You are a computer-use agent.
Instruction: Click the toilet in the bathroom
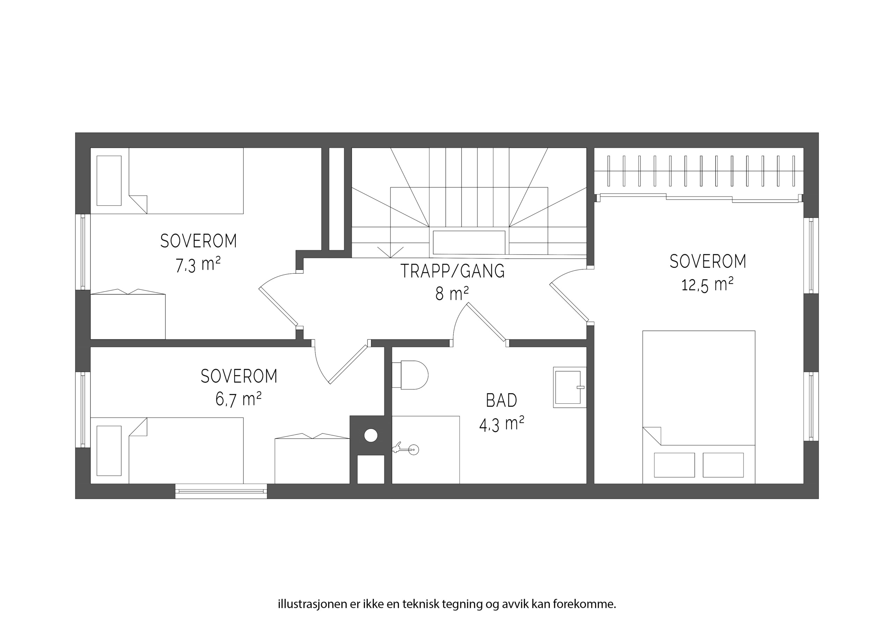[x=410, y=375]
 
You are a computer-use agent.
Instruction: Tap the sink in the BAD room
[x=570, y=387]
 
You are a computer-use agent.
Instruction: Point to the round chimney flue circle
[x=371, y=435]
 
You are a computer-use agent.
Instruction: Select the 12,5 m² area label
[x=707, y=284]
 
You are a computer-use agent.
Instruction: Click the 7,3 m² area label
[x=198, y=264]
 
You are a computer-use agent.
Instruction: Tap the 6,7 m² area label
[x=238, y=399]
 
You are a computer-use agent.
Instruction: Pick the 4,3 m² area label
[x=501, y=424]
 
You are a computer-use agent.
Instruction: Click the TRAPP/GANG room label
[x=453, y=271]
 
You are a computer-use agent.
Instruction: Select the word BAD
[x=501, y=400]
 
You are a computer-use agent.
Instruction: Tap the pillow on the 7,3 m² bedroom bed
[x=109, y=181]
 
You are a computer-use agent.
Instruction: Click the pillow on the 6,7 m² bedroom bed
[x=109, y=451]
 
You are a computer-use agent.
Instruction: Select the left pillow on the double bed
[x=674, y=465]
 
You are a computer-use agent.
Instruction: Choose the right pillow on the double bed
[x=723, y=465]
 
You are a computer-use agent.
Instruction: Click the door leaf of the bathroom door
[x=487, y=322]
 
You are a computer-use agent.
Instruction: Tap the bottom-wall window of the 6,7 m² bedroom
[x=221, y=491]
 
